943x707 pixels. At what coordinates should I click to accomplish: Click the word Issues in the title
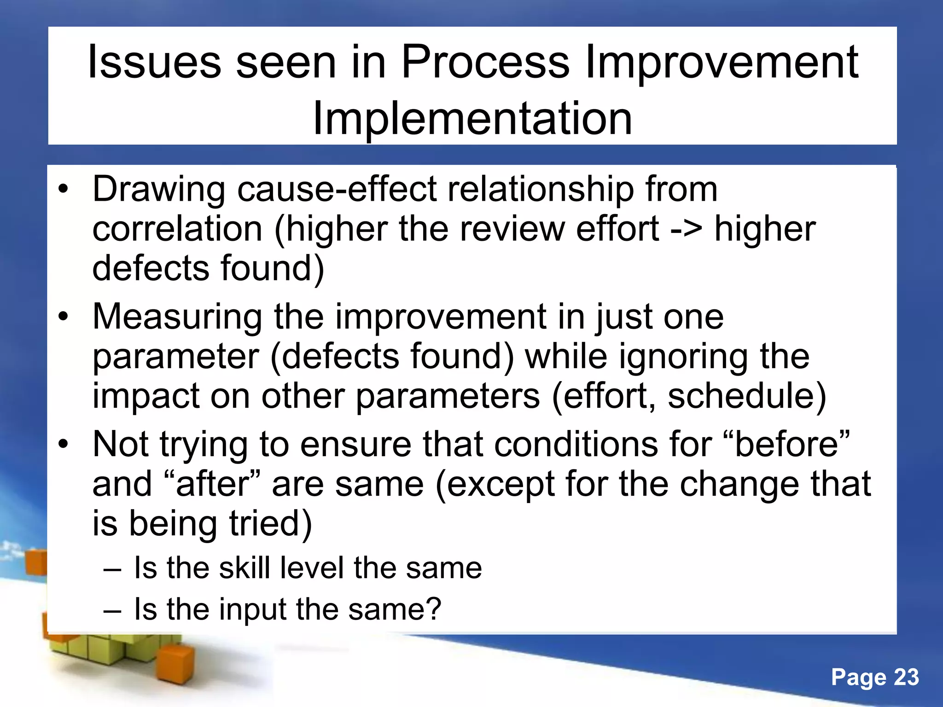154,62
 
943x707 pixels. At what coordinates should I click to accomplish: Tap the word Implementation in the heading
472,119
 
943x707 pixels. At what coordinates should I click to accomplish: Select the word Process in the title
485,62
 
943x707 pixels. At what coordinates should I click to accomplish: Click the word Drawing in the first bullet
159,190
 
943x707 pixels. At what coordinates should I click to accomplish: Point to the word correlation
177,229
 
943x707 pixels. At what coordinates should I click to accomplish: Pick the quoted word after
212,484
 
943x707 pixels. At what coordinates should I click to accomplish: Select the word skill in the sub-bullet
244,568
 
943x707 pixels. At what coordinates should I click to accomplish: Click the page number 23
906,677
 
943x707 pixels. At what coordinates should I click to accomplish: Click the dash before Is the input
112,611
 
